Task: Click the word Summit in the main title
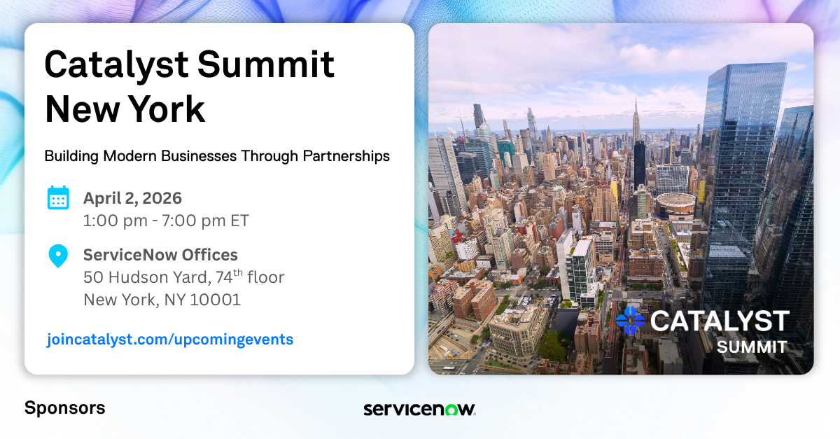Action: tap(266, 64)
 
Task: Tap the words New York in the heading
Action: tap(125, 109)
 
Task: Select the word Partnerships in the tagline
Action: tap(346, 156)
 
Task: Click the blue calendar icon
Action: tap(58, 197)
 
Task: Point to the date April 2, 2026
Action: tap(132, 198)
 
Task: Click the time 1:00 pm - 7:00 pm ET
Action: tap(166, 221)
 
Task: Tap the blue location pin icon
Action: tap(58, 256)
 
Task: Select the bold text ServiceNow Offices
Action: tap(160, 255)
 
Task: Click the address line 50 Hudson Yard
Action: tap(145, 278)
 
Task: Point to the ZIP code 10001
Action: tap(216, 300)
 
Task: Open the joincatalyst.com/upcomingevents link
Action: tap(170, 340)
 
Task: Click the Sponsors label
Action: tap(65, 408)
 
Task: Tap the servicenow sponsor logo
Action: tap(419, 409)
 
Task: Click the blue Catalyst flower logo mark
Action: tap(630, 321)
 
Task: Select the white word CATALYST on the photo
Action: tap(720, 321)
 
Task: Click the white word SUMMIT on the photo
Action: tap(752, 347)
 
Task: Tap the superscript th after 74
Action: tap(238, 272)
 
